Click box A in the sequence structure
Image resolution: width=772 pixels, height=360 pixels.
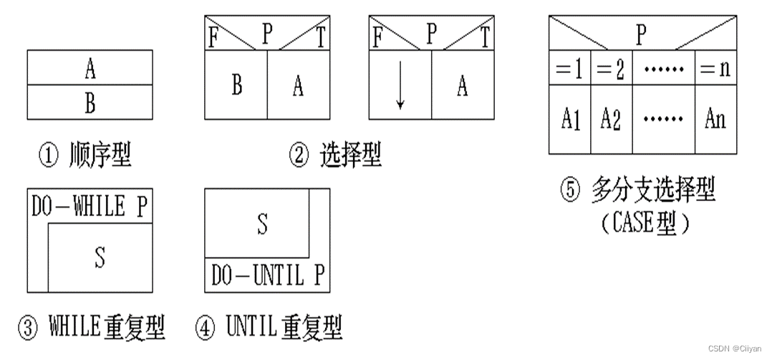(x=90, y=68)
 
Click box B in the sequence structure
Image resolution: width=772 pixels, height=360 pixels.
(x=90, y=102)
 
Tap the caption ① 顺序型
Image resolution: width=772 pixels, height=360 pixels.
(x=85, y=154)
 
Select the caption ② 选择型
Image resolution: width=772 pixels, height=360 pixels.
(x=335, y=154)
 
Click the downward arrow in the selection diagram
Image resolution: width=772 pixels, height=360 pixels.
(x=400, y=94)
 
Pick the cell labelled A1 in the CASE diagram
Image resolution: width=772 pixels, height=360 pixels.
(x=570, y=118)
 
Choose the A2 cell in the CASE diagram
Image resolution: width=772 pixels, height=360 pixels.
(x=611, y=118)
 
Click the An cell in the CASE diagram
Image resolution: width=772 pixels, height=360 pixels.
(x=715, y=118)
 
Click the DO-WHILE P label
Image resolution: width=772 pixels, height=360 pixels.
(x=89, y=208)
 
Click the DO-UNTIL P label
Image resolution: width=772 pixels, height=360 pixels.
(x=266, y=276)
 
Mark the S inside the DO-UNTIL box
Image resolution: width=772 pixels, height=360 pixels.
(x=262, y=224)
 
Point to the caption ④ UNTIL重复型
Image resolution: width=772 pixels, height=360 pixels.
(x=269, y=329)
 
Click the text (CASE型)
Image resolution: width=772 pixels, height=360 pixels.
(x=645, y=223)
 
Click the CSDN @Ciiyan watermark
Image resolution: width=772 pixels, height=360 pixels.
(x=737, y=349)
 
